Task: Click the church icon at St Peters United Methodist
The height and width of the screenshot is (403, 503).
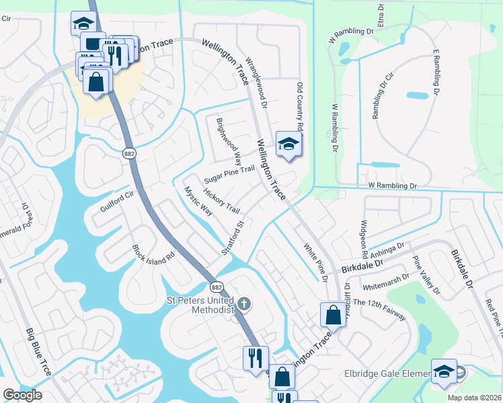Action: [243, 304]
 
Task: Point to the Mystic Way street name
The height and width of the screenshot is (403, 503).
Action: [198, 201]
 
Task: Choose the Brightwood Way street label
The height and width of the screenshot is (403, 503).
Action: [229, 142]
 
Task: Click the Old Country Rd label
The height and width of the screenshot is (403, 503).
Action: [300, 107]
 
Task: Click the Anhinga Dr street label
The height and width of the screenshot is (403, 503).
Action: [385, 247]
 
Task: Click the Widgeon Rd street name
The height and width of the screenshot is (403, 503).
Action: [364, 240]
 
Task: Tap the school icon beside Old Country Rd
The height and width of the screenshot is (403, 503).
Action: [288, 144]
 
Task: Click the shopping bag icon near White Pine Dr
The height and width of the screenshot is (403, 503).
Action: [333, 314]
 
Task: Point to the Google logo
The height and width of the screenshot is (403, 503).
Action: [23, 395]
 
